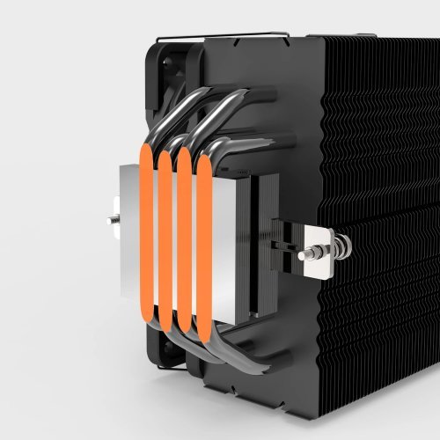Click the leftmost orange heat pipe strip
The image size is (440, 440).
[144, 236]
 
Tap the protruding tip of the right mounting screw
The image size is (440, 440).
[302, 253]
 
